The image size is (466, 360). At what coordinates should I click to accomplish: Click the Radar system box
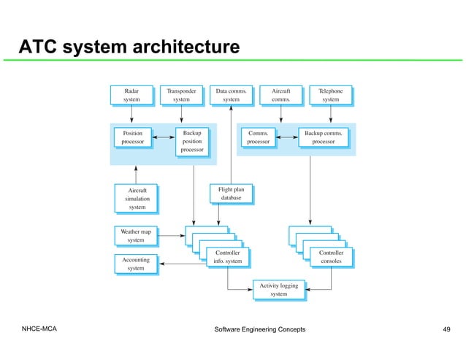tap(131, 95)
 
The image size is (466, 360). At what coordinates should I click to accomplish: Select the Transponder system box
tap(181, 95)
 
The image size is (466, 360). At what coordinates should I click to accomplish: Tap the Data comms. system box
tap(231, 95)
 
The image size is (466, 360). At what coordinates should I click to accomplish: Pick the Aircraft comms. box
tap(280, 95)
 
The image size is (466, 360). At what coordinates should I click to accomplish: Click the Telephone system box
tap(330, 95)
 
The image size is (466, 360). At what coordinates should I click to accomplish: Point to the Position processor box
tap(132, 137)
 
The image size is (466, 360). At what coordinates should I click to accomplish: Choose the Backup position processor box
tap(192, 142)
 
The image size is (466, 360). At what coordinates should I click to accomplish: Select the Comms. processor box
tap(258, 137)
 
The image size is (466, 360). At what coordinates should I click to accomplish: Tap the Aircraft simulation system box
tap(137, 198)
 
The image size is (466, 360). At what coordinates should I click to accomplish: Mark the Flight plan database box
tap(231, 194)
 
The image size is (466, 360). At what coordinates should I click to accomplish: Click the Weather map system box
tap(135, 235)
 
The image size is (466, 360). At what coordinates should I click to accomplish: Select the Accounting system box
tap(135, 264)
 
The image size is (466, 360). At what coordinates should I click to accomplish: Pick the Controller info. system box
tap(227, 256)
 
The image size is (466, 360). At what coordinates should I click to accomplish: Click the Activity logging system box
tap(278, 289)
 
